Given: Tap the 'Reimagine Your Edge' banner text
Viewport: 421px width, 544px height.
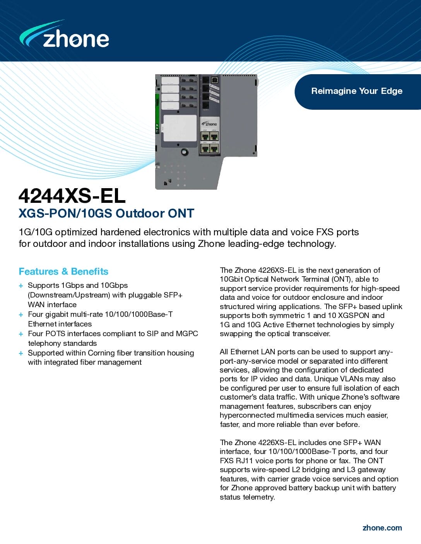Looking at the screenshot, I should [x=356, y=91].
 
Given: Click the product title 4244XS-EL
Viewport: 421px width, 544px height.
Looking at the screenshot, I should [x=72, y=195].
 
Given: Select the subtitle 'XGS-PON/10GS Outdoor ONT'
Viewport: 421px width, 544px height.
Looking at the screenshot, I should [x=106, y=213].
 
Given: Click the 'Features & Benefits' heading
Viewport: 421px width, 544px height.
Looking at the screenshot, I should [x=63, y=272].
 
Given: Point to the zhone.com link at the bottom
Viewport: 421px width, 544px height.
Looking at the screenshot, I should [x=382, y=528].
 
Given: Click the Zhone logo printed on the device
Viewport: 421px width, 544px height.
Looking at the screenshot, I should [x=209, y=124].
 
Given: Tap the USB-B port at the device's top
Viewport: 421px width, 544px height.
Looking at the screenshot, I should [x=215, y=80].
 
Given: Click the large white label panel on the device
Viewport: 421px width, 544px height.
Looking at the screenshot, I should [x=180, y=128].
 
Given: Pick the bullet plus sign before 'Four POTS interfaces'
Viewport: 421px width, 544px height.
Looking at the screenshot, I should [x=21, y=334].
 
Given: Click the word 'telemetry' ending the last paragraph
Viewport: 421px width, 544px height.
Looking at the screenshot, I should [x=258, y=497].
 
